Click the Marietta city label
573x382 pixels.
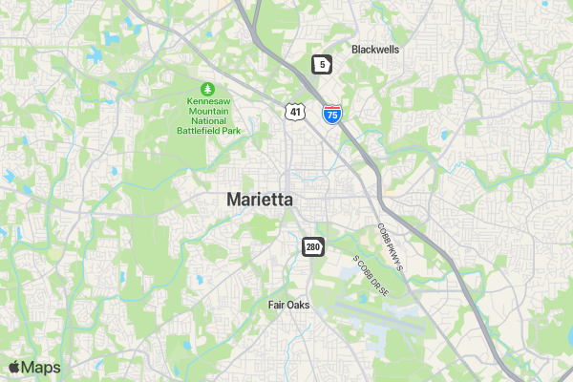[260, 200]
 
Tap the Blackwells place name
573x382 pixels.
[375, 49]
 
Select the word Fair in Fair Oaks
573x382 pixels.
[278, 305]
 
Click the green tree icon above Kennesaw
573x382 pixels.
[202, 88]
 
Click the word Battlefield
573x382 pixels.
[194, 130]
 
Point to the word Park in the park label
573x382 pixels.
[225, 130]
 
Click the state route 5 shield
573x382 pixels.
[323, 64]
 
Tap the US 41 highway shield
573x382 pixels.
[295, 112]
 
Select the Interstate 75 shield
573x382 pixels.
[331, 115]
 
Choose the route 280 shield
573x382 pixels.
[313, 246]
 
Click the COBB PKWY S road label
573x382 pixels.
[392, 245]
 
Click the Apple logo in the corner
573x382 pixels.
[13, 367]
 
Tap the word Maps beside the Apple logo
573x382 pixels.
[41, 368]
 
